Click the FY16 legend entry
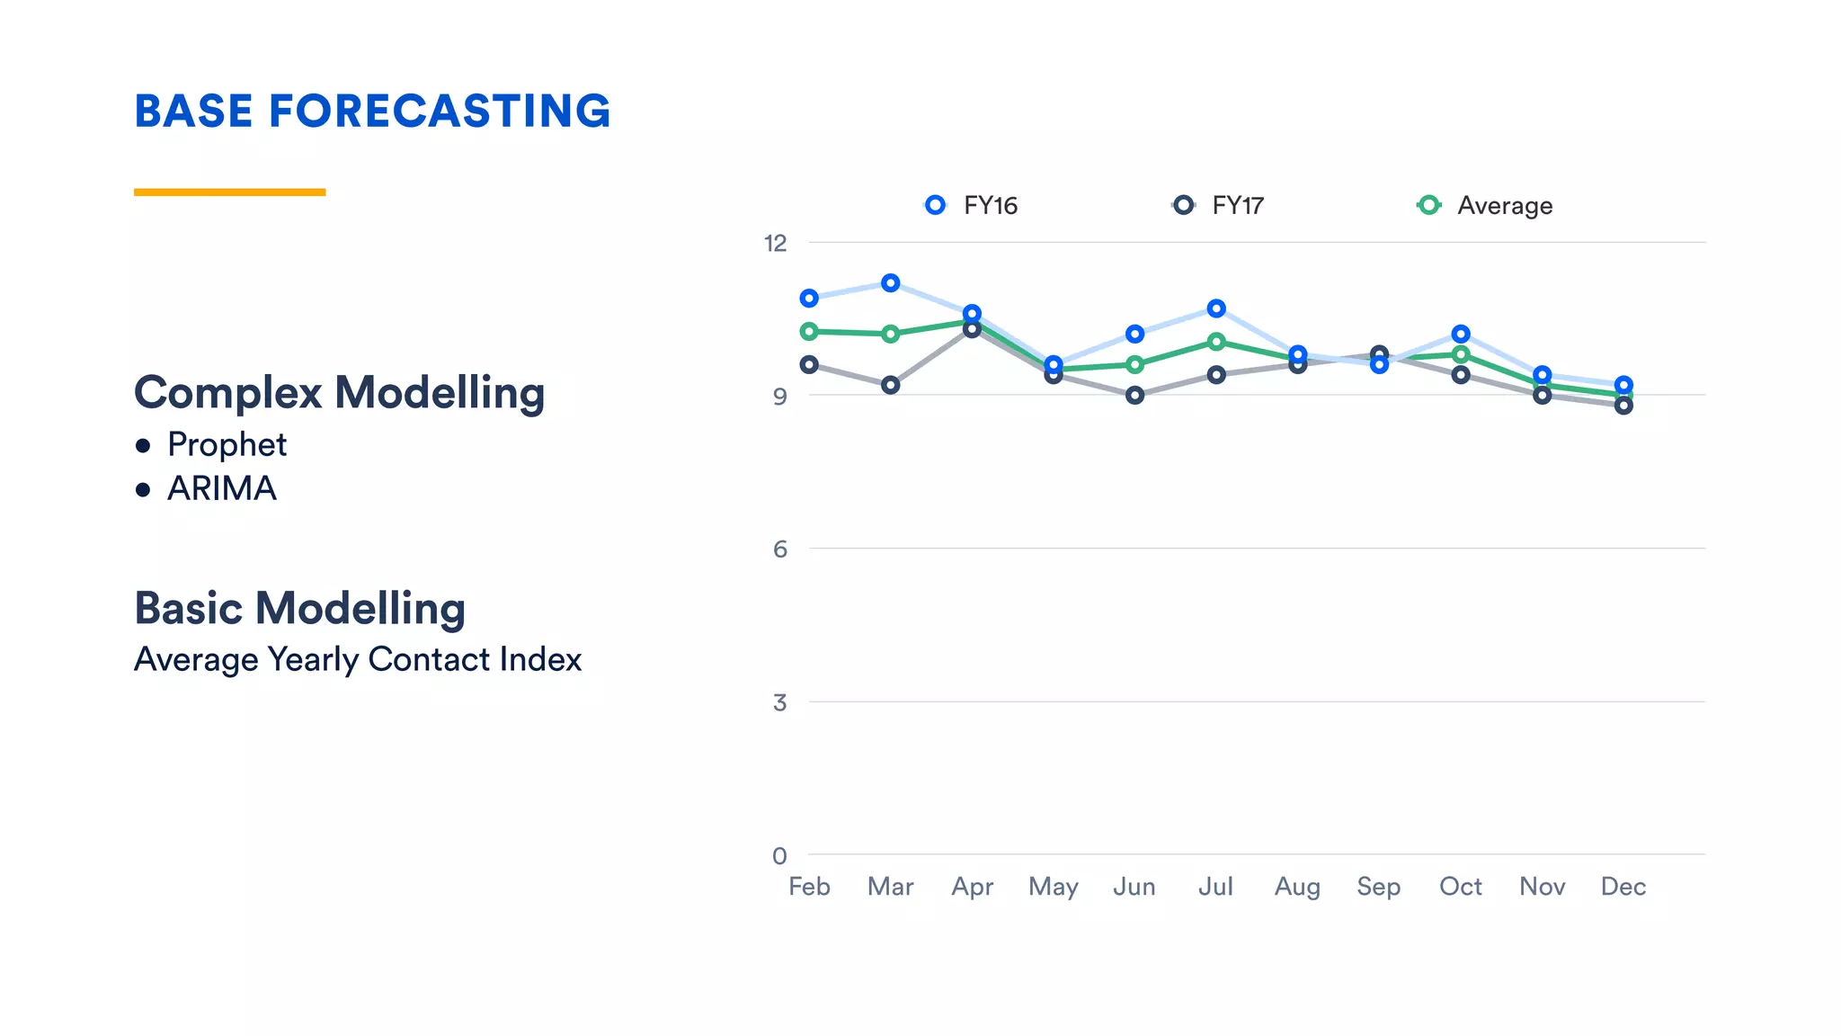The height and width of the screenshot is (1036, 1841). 973,206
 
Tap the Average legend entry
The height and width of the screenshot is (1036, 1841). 1485,206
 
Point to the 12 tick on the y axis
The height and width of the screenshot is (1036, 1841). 775,243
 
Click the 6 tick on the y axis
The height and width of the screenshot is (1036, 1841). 779,549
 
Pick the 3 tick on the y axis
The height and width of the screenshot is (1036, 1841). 779,702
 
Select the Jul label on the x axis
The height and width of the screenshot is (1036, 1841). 1215,887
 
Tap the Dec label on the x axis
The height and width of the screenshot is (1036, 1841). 1623,887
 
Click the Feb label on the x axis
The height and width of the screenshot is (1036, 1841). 809,887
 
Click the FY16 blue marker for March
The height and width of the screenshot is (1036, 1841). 890,283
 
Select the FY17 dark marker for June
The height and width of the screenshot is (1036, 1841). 1134,395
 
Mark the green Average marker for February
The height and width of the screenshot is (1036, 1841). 809,332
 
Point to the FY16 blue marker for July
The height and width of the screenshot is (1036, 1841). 1216,308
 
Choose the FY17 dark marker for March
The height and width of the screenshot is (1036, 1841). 890,385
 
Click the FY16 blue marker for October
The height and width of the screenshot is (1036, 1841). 1461,334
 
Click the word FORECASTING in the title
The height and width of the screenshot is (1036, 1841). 439,112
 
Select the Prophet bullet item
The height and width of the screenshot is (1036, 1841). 227,444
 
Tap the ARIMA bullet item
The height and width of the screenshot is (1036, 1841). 221,488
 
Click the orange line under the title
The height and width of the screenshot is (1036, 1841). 229,192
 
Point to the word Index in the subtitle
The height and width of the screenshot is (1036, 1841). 540,659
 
